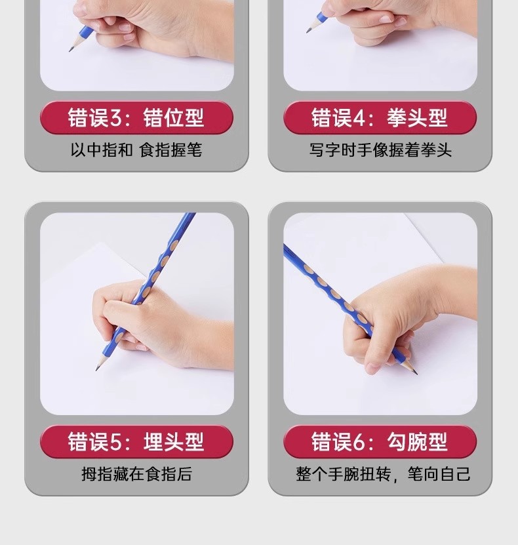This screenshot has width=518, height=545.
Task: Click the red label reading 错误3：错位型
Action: coord(136,117)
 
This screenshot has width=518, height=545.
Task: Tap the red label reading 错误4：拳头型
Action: coord(380,117)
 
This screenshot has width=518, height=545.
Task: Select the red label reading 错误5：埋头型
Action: coord(136,441)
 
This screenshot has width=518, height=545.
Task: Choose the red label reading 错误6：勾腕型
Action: coord(380,441)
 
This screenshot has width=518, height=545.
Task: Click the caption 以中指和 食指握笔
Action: coord(136,150)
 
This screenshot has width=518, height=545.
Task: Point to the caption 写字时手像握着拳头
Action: coord(380,150)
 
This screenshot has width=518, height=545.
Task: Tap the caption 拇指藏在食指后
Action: coord(136,474)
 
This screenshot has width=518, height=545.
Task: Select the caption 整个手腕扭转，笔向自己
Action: coord(383,474)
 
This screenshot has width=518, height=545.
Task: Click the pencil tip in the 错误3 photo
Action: coord(70,50)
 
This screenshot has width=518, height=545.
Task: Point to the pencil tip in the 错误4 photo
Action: coord(307,32)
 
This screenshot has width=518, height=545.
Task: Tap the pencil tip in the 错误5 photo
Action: coord(96,369)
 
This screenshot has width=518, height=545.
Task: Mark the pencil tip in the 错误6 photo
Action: coord(416,373)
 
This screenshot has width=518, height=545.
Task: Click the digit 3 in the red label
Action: coord(116,118)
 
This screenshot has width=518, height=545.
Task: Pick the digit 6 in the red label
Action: coord(359,442)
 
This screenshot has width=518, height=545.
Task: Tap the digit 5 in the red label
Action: coord(116,442)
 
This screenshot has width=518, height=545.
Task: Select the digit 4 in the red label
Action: coord(359,118)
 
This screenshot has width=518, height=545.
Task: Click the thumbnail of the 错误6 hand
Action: coord(380,313)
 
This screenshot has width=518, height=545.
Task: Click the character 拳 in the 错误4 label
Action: coord(397,118)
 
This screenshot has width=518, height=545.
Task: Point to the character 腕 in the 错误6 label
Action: coord(417,442)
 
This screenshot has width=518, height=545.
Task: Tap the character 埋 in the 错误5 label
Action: coord(153,442)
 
